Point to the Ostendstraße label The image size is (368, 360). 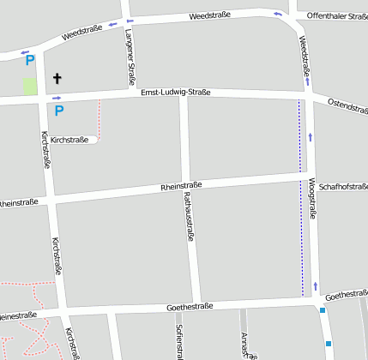[x=347, y=106]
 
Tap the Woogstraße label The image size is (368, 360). [x=311, y=199]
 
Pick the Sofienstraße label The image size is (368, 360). [x=180, y=341]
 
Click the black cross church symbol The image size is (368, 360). [x=57, y=78]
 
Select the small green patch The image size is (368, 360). [x=30, y=87]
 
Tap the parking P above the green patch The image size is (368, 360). [x=29, y=60]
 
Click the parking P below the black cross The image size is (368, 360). [x=59, y=110]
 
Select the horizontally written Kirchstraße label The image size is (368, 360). [x=69, y=139]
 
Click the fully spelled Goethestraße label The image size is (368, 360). [x=190, y=306]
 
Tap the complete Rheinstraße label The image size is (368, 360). [x=181, y=186]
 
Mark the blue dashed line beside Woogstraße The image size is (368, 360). [x=300, y=197]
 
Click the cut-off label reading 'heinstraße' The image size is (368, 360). [x=19, y=203]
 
